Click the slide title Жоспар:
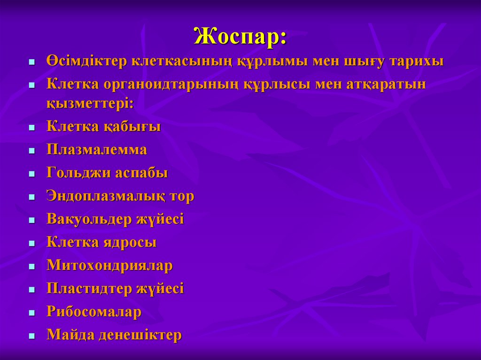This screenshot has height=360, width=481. coord(240,36)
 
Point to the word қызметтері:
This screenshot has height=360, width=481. coord(90,104)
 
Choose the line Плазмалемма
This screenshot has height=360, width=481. coord(97,150)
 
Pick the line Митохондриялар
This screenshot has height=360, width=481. coord(109,266)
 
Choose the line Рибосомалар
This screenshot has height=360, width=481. coord(94,312)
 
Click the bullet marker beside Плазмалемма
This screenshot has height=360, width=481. coord(31,151)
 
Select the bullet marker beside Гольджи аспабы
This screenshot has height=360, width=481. coord(31,174)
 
